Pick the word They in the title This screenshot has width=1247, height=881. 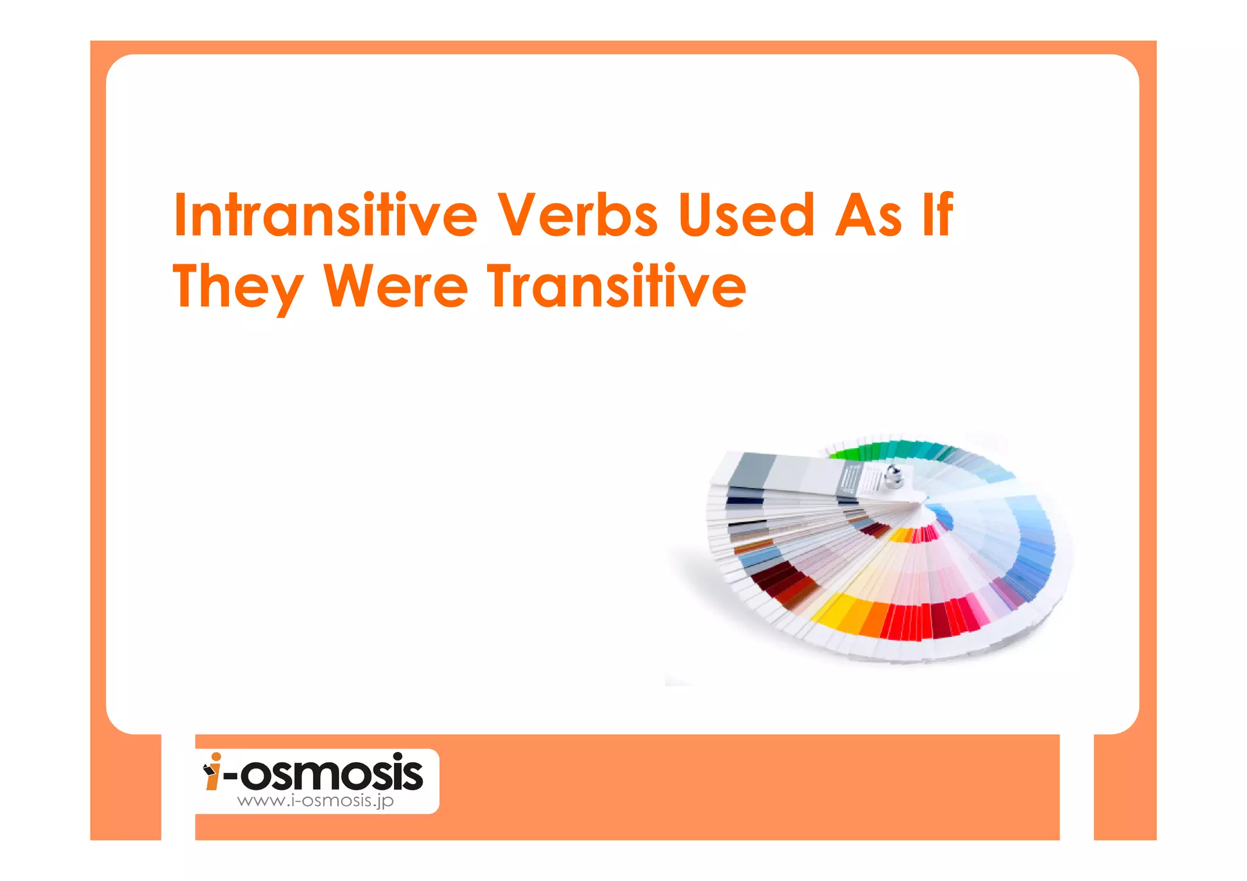(237, 287)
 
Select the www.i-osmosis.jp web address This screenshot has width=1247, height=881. (315, 801)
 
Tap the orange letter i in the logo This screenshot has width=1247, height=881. (213, 772)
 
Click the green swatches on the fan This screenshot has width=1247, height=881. (865, 452)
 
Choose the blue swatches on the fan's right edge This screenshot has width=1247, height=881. (1035, 548)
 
